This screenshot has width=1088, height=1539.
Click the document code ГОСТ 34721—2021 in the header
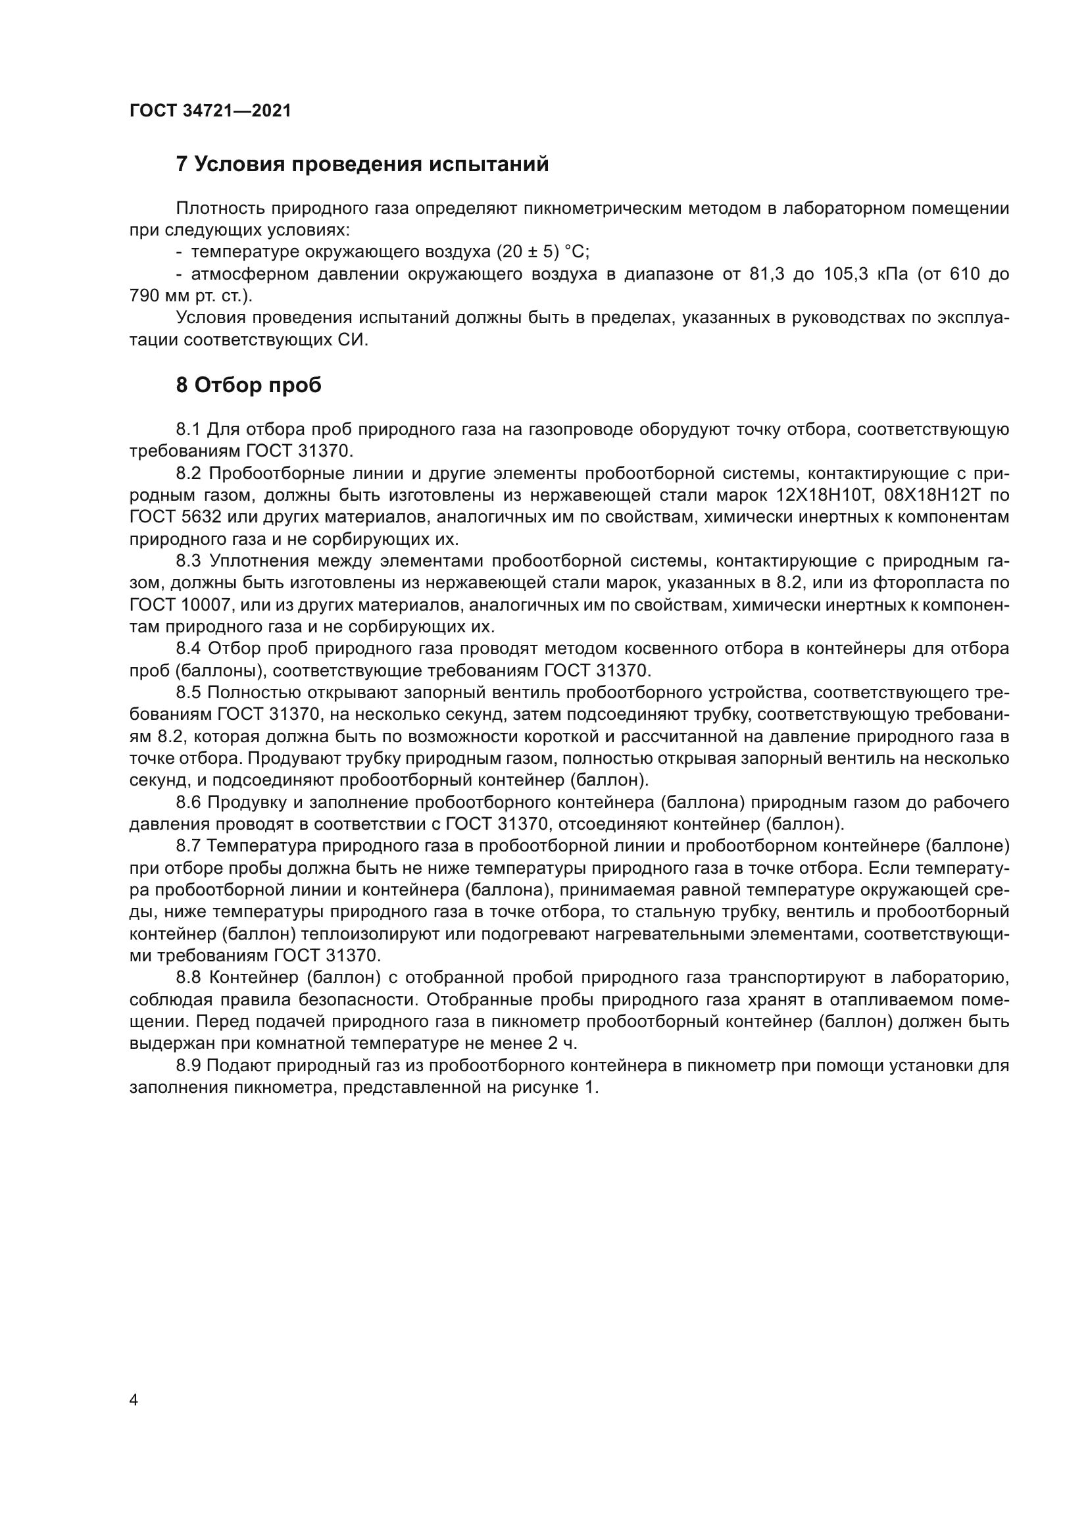210,111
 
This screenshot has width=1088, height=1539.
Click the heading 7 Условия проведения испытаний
362,164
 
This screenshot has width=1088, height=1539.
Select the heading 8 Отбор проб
249,386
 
